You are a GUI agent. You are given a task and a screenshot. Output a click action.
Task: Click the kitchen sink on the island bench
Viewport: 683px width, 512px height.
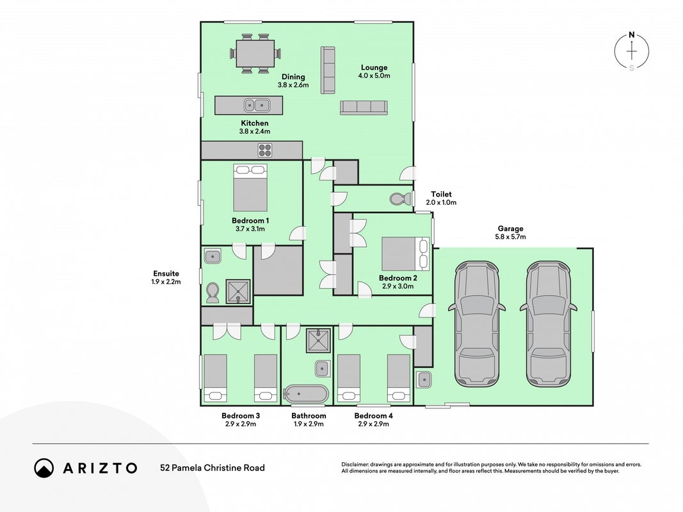pos(255,105)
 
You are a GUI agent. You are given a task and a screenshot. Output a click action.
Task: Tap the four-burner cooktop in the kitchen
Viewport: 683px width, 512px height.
pos(265,150)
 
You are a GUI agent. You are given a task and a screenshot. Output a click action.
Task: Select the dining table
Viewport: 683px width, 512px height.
pos(255,54)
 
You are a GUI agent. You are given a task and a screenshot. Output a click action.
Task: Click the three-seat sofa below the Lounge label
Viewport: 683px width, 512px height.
pos(364,108)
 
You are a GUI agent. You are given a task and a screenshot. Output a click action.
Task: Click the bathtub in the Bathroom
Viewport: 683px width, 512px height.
pos(306,394)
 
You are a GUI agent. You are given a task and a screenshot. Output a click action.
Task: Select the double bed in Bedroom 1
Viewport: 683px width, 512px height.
pos(250,188)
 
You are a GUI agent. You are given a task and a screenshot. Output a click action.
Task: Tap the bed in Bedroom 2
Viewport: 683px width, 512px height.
pos(406,254)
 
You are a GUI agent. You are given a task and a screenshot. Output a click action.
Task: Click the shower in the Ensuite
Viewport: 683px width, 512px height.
pos(238,291)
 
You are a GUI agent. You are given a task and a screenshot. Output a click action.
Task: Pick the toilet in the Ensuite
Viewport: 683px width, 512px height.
pos(213,293)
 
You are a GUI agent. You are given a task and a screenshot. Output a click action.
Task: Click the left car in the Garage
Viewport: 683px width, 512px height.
pos(476,324)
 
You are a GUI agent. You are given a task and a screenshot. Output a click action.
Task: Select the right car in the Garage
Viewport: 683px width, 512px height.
pos(549,324)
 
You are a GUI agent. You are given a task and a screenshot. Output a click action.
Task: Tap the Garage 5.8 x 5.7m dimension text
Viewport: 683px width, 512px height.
pos(511,237)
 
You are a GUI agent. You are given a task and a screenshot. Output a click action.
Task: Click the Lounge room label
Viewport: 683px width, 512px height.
pos(374,67)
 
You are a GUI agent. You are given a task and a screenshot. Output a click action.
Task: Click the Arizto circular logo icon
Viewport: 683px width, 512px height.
pos(44,468)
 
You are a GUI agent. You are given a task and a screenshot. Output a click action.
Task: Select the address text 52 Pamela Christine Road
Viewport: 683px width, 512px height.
pos(213,468)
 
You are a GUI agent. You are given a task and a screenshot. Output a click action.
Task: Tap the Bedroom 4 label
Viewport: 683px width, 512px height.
pos(373,416)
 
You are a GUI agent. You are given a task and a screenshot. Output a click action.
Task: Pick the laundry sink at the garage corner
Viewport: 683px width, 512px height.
pos(423,380)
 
